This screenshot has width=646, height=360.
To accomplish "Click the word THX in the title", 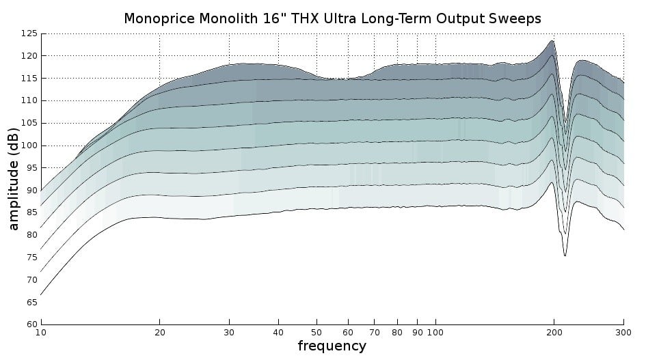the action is pyautogui.click(x=305, y=18).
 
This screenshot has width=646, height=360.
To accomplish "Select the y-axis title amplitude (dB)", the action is pyautogui.click(x=13, y=179).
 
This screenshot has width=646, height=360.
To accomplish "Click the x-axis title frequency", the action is pyautogui.click(x=332, y=346).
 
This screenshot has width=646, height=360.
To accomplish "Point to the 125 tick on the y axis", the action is pyautogui.click(x=29, y=33).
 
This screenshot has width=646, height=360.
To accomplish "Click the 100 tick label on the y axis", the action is pyautogui.click(x=29, y=146).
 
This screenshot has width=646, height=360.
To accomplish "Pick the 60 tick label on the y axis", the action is pyautogui.click(x=32, y=324).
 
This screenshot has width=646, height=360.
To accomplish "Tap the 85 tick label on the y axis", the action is pyautogui.click(x=32, y=212).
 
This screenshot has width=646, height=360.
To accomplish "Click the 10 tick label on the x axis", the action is pyautogui.click(x=41, y=333).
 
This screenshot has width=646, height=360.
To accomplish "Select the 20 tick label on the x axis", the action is pyautogui.click(x=159, y=333).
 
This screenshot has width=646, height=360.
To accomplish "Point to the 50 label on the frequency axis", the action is pyautogui.click(x=317, y=333).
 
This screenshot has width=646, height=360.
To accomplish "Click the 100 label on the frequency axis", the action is pyautogui.click(x=435, y=333).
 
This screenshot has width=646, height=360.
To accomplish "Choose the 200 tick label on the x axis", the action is pyautogui.click(x=554, y=333).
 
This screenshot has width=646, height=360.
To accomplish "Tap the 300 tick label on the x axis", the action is pyautogui.click(x=623, y=333).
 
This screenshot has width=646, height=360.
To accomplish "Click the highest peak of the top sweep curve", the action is pyautogui.click(x=552, y=40).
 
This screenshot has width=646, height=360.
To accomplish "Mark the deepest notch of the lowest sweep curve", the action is pyautogui.click(x=565, y=255).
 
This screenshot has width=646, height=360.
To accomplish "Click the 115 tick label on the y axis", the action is pyautogui.click(x=29, y=79).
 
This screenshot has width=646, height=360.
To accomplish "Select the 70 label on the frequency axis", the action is pyautogui.click(x=375, y=333).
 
